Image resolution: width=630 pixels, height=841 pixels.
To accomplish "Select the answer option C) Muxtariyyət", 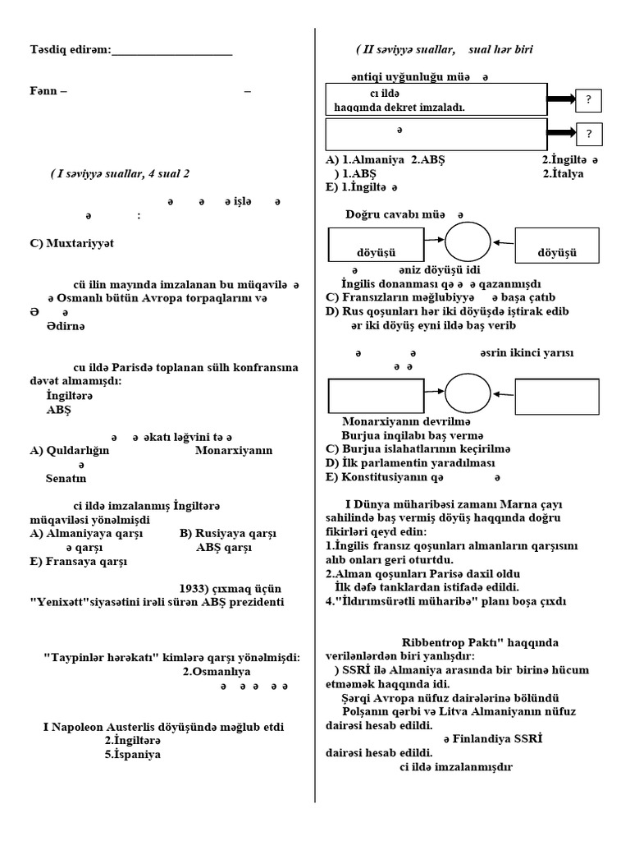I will [71, 244].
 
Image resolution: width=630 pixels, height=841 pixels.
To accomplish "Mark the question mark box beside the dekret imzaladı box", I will [588, 100].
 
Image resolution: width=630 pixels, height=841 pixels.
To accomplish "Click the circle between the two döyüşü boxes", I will [468, 242].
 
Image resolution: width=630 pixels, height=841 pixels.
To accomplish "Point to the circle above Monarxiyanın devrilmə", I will [468, 393].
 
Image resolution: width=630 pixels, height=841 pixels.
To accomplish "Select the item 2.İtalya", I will [567, 174].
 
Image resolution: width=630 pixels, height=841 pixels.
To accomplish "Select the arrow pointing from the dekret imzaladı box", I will [561, 99].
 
